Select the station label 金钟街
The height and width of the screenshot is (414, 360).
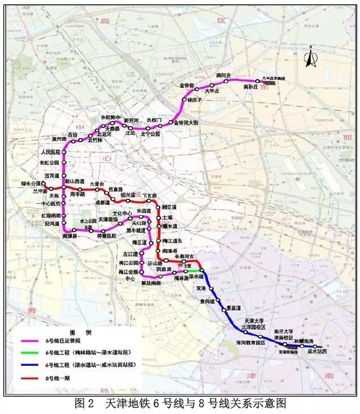[187, 86]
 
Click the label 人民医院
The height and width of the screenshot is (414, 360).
[50, 152]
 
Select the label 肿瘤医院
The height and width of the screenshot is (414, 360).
[106, 235]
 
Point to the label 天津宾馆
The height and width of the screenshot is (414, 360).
[108, 218]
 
